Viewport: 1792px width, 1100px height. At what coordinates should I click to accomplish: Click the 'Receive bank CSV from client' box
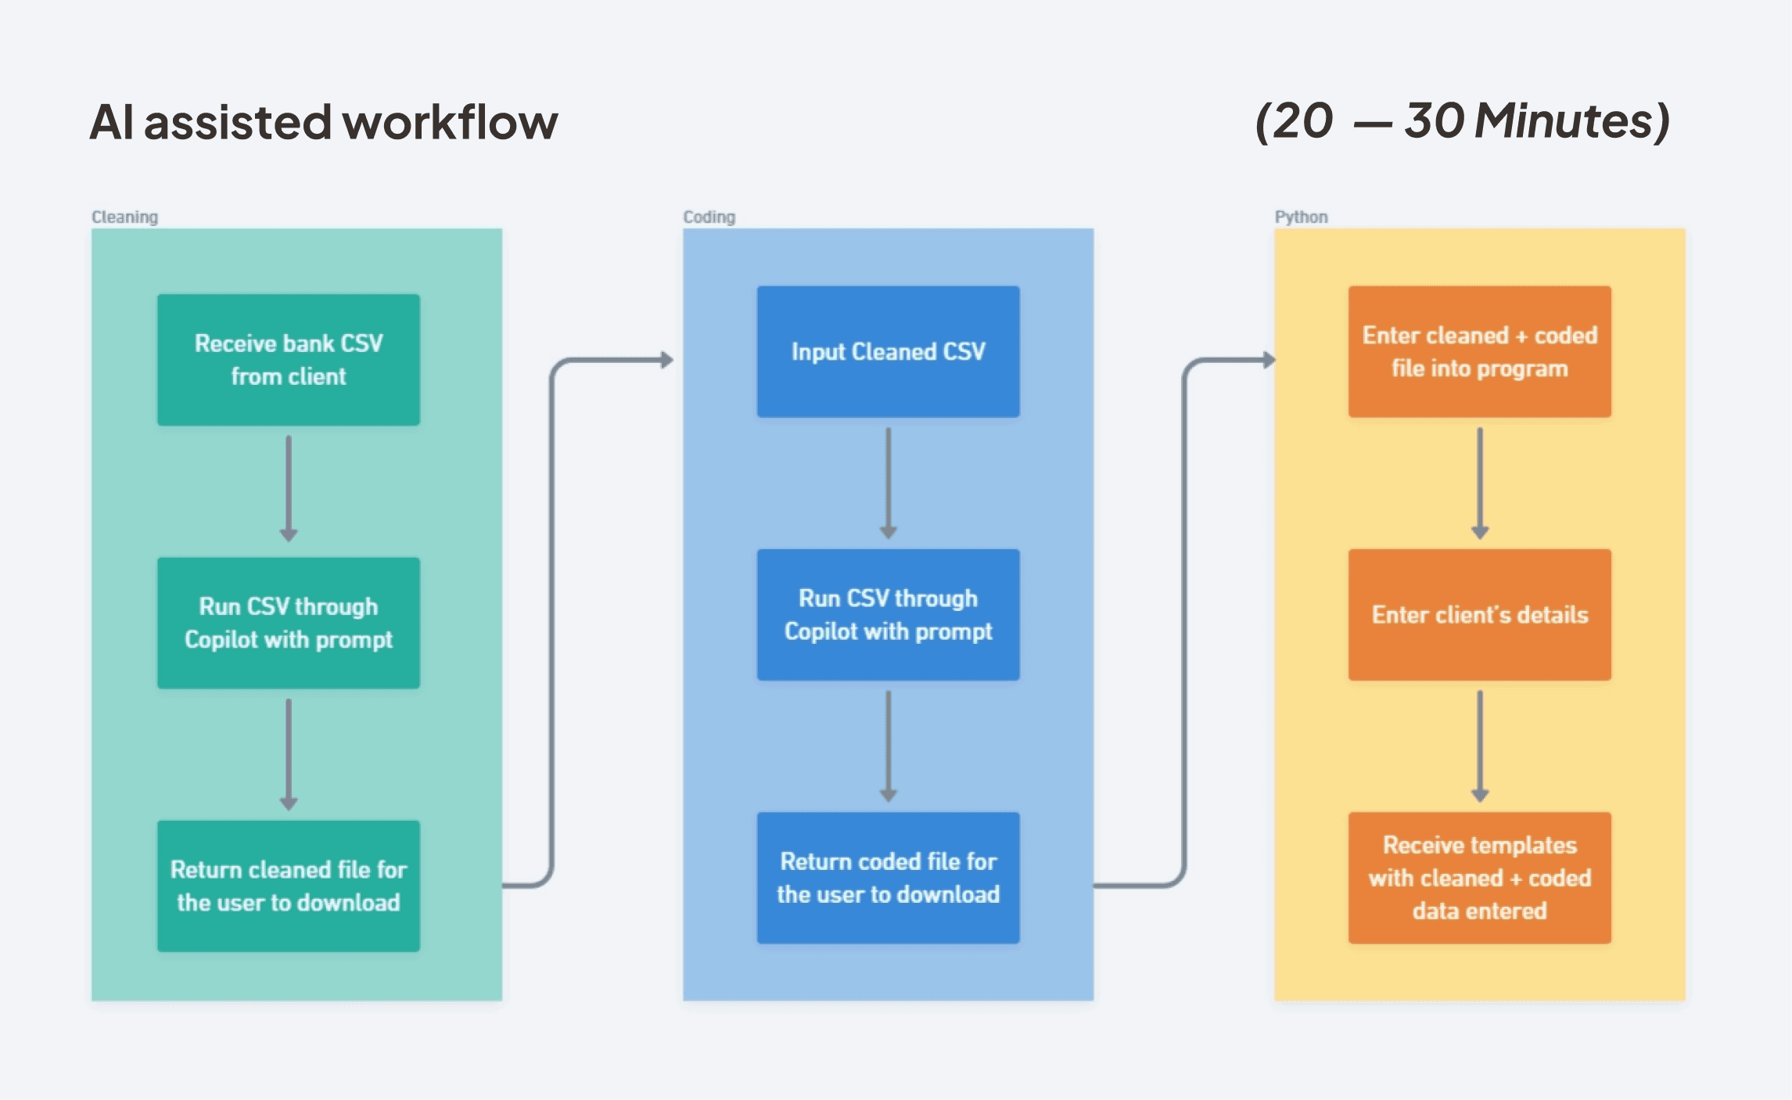(288, 360)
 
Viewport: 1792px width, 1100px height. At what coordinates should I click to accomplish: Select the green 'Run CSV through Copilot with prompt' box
(288, 623)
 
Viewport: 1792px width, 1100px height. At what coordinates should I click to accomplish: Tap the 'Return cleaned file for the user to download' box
(288, 886)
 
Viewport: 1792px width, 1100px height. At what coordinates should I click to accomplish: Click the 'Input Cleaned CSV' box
(888, 351)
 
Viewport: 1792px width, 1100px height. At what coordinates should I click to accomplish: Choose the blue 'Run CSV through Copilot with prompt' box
(888, 614)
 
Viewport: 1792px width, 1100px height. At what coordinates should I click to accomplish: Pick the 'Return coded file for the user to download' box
(888, 877)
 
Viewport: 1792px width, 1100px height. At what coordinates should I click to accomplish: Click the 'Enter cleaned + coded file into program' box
(1479, 351)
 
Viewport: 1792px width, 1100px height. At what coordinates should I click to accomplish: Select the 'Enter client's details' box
(1479, 614)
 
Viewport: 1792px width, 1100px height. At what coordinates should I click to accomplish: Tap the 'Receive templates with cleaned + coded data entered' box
(1479, 877)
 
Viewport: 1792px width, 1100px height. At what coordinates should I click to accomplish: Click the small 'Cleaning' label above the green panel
(124, 217)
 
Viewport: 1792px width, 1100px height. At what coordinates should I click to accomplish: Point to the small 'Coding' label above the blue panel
(709, 217)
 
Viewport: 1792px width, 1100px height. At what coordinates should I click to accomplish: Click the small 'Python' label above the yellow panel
(1301, 217)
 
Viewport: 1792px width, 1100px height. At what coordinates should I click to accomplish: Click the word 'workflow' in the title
(451, 123)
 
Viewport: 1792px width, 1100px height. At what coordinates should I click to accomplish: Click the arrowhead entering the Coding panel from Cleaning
(666, 360)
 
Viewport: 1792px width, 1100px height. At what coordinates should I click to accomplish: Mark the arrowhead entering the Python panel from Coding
(1268, 360)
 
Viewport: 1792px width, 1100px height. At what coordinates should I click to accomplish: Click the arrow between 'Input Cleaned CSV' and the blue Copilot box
(888, 483)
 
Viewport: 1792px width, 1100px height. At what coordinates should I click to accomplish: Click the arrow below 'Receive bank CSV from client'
(288, 489)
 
